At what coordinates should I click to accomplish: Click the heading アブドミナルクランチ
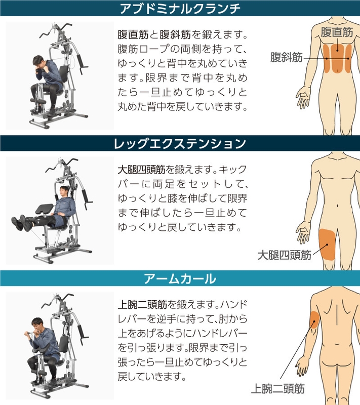click(180, 9)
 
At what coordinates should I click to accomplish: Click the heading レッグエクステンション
click(180, 144)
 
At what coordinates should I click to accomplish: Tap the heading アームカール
click(180, 278)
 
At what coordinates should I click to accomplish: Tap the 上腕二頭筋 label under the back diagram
click(278, 389)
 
